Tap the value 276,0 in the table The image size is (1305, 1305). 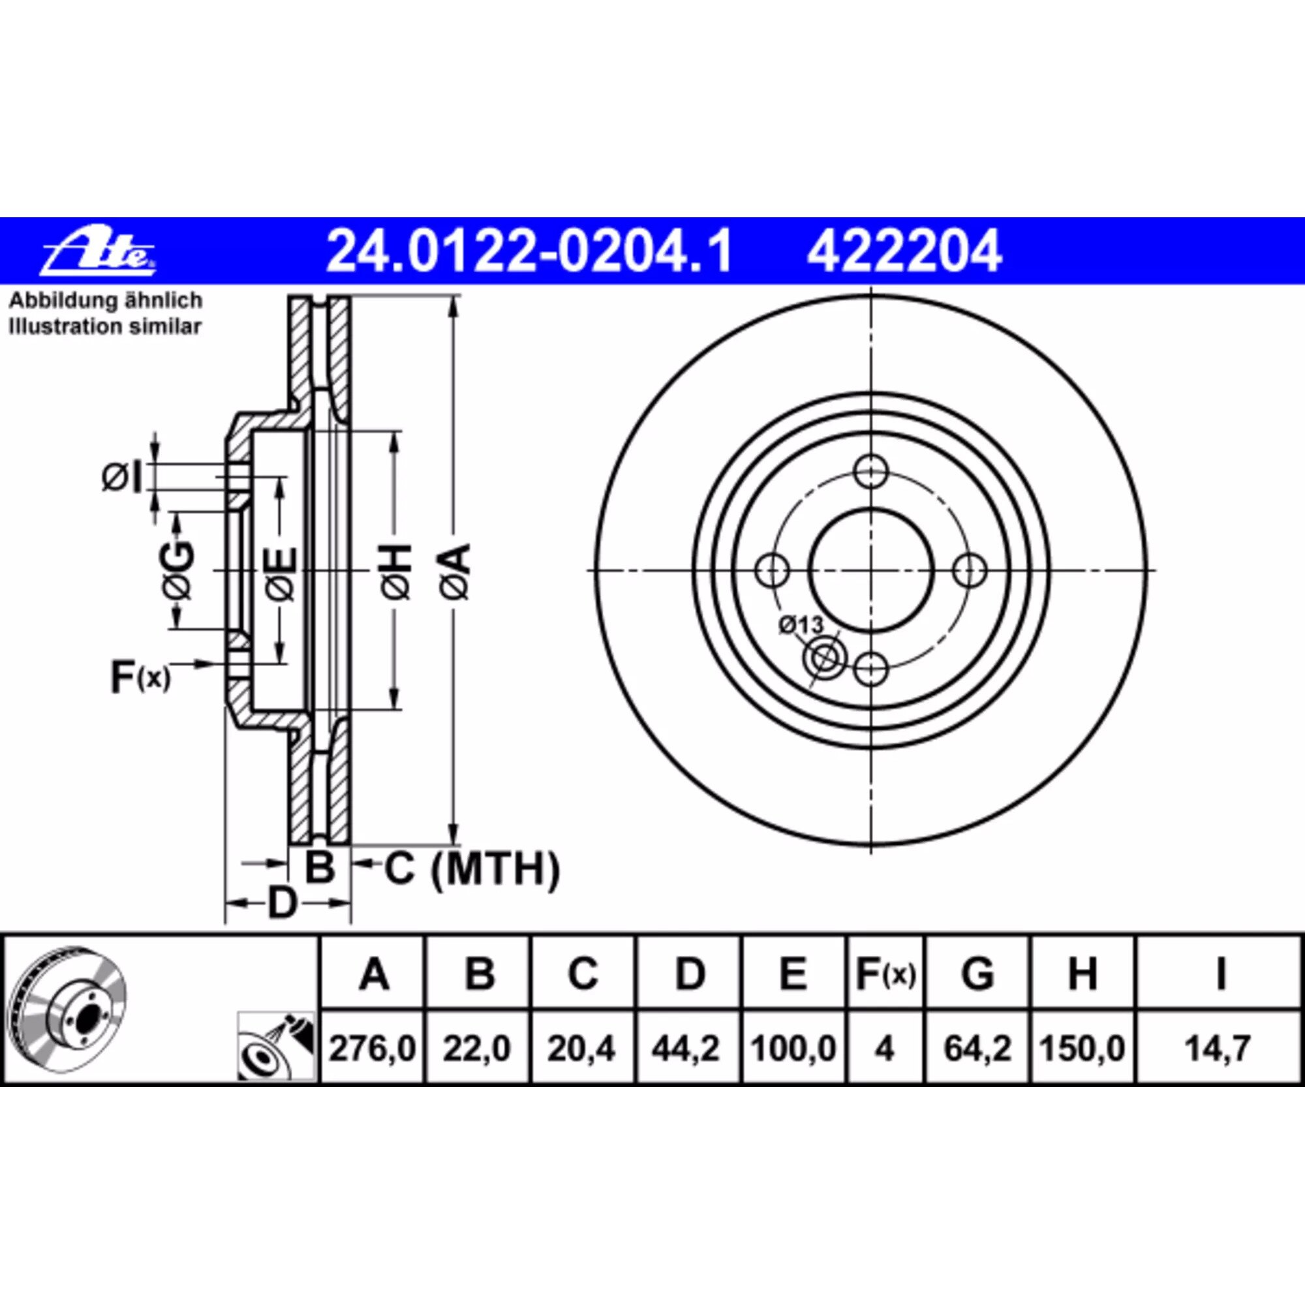(x=372, y=1049)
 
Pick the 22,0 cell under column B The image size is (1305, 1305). (x=477, y=1049)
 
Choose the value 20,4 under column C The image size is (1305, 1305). (x=581, y=1049)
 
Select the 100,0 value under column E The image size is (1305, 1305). (x=793, y=1049)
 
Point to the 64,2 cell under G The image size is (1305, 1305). (x=977, y=1049)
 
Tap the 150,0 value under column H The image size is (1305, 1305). (x=1082, y=1049)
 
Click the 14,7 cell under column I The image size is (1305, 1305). (x=1220, y=1049)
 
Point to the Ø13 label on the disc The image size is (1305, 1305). (x=801, y=625)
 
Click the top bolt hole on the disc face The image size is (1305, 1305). (x=870, y=471)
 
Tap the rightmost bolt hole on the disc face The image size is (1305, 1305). (x=970, y=571)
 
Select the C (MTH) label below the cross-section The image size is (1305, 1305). (x=472, y=868)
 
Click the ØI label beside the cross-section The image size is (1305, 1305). (x=123, y=478)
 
